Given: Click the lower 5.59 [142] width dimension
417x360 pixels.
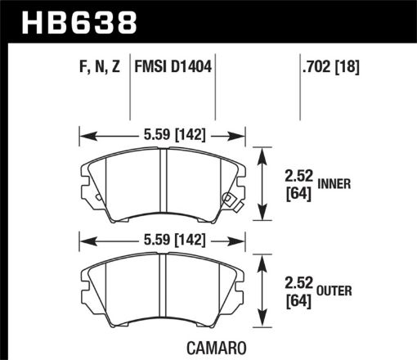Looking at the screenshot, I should pyautogui.click(x=162, y=240).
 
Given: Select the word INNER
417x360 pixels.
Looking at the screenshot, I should pyautogui.click(x=334, y=184).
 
